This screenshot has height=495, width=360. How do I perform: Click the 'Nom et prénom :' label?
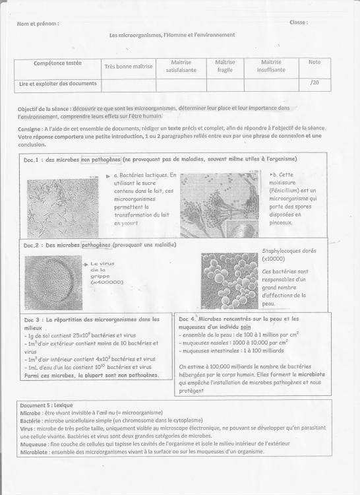[38, 24]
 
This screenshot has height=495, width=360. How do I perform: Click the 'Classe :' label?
[299, 22]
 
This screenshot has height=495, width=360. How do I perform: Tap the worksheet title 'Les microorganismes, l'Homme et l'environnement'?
[172, 35]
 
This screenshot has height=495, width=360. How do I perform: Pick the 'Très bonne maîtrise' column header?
[129, 66]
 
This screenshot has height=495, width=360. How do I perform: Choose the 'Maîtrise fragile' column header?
[225, 65]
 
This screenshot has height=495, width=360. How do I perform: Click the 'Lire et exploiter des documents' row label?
[57, 84]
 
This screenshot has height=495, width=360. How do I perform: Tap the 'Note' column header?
[314, 62]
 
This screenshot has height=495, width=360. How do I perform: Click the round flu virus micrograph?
[52, 282]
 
